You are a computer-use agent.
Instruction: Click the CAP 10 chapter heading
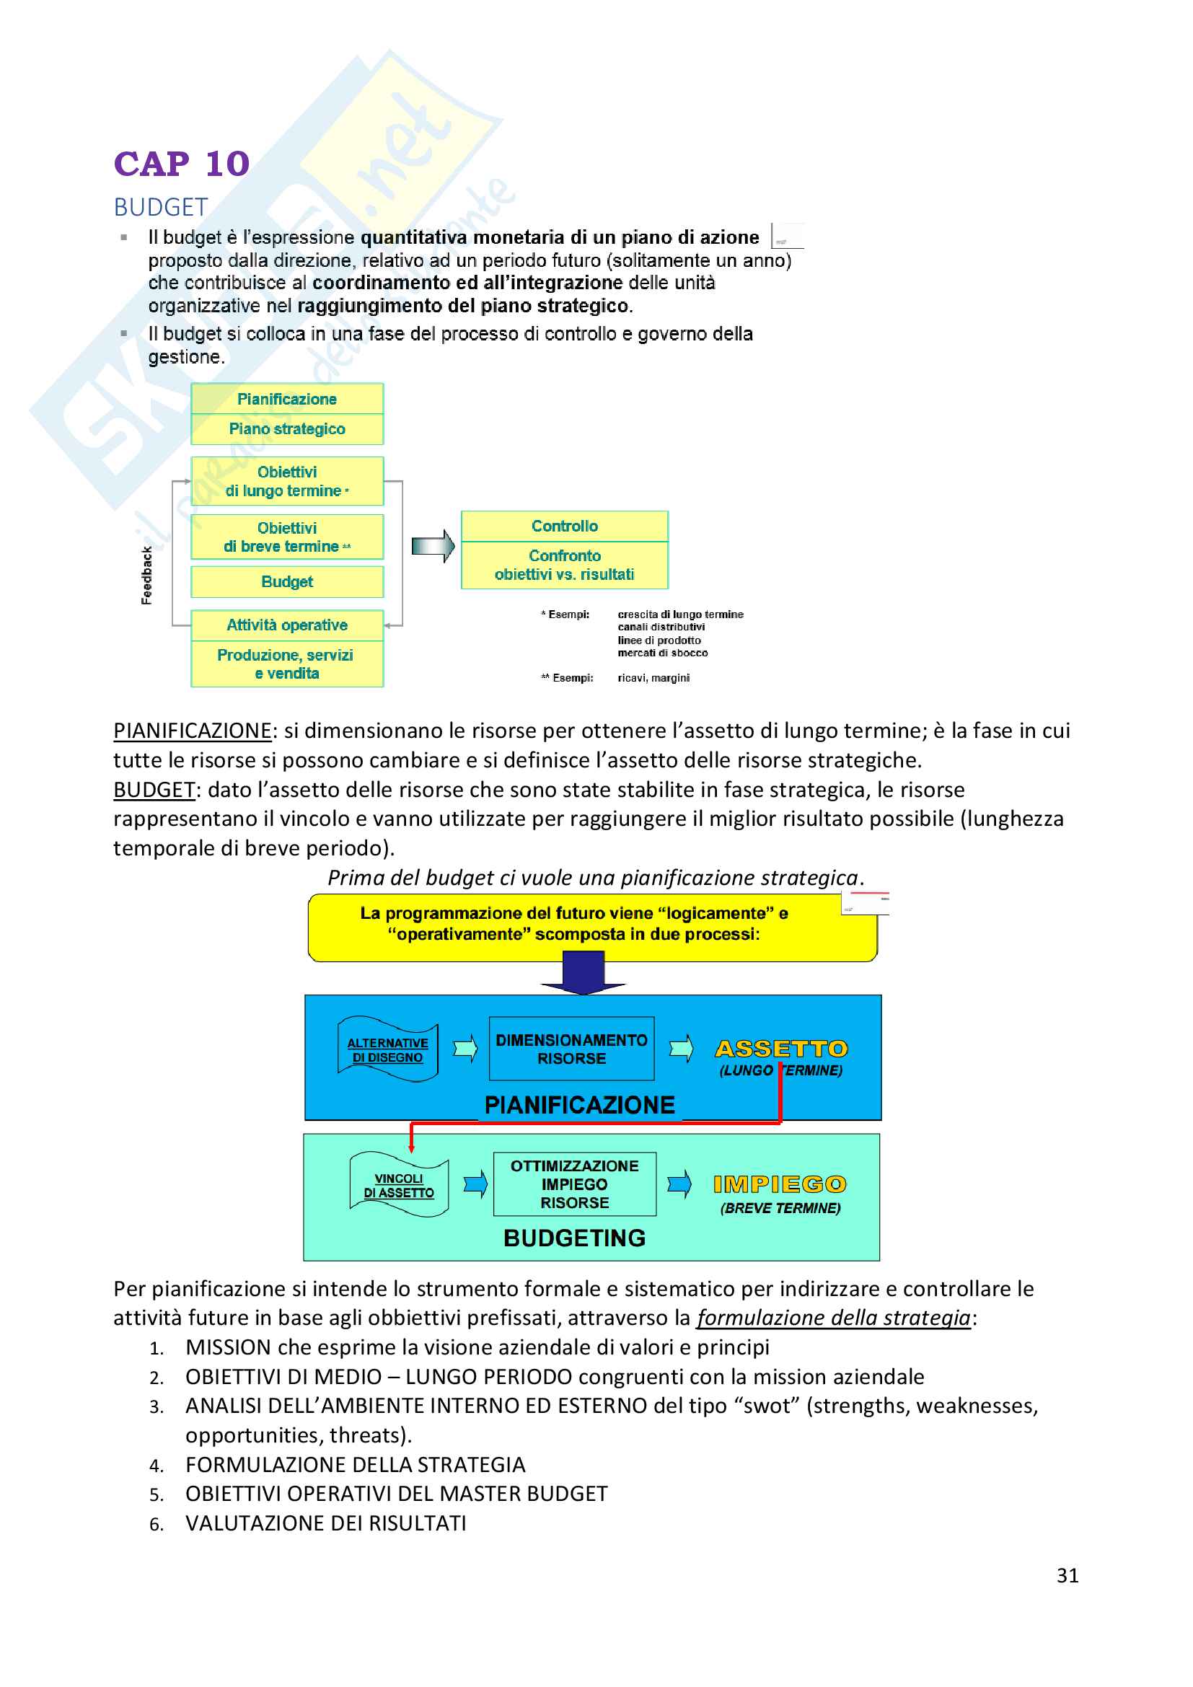(182, 164)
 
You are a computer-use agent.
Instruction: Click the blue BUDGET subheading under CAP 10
(161, 208)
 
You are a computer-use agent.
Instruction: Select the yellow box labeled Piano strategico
(286, 429)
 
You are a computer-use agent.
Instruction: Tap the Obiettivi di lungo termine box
(286, 481)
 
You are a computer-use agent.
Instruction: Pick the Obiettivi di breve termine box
(286, 537)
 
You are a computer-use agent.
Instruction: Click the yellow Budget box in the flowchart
(286, 582)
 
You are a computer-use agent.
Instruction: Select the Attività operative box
(286, 625)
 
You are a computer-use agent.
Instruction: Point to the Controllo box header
(564, 526)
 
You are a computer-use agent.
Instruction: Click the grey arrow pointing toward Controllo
(433, 546)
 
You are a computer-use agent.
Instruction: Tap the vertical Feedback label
(147, 576)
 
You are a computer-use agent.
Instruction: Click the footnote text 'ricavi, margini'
(653, 677)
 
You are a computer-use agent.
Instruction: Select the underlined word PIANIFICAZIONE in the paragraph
(193, 731)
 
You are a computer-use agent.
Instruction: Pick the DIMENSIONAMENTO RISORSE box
(571, 1049)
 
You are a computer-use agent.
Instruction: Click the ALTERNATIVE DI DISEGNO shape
(387, 1050)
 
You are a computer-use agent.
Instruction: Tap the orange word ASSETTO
(781, 1049)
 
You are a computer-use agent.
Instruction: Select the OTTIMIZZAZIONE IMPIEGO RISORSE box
(574, 1184)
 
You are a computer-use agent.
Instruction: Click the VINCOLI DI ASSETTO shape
(399, 1185)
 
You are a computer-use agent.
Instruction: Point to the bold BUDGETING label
(574, 1238)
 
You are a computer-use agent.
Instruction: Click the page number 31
(1067, 1575)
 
